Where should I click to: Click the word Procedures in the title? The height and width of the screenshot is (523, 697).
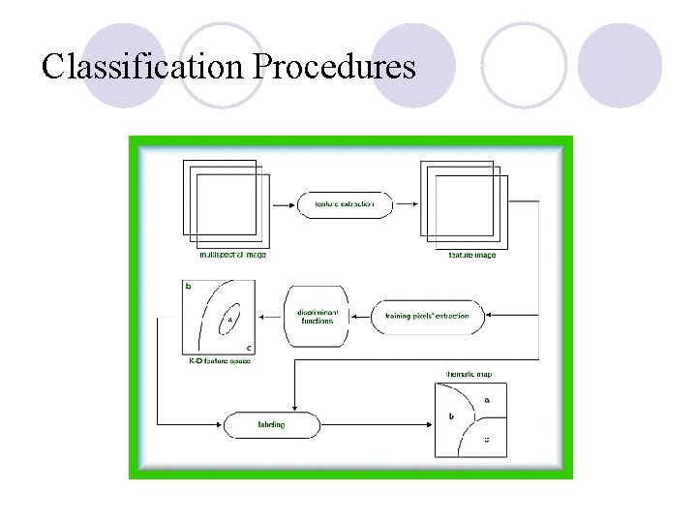point(334,67)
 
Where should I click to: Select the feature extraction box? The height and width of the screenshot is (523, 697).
point(344,204)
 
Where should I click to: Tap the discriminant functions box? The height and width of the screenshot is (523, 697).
point(316,316)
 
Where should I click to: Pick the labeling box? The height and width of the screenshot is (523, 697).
point(271,424)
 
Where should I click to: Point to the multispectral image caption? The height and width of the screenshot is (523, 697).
point(232,255)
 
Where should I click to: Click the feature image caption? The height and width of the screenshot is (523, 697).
point(471,255)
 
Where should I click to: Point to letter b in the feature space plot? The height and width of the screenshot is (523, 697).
point(188,287)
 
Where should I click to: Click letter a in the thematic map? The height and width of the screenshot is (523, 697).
point(486,399)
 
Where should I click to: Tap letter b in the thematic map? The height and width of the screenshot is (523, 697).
point(451,416)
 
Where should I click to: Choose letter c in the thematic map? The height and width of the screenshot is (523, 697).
point(486,439)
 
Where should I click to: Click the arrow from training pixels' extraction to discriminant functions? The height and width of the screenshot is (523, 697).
point(360,316)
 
